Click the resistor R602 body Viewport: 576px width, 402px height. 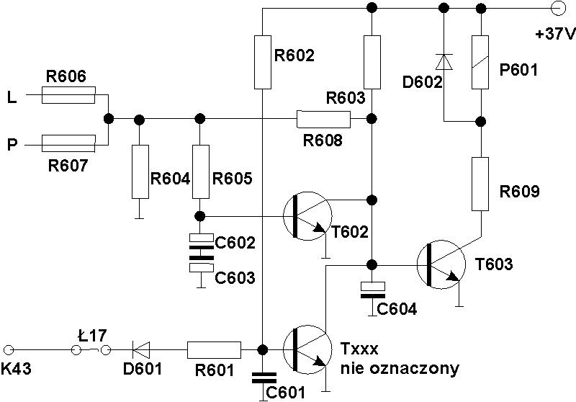point(263,62)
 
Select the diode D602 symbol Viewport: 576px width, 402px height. point(444,62)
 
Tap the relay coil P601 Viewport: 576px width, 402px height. point(480,62)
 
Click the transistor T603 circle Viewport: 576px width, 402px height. point(441,264)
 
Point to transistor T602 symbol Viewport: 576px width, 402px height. point(307,216)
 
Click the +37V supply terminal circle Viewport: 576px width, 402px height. point(559,8)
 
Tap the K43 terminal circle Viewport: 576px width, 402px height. point(8,350)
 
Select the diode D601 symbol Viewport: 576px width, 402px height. point(141,349)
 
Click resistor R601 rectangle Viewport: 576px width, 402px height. point(214,350)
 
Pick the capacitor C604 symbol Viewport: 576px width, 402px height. point(372,290)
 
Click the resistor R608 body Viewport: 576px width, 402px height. point(323,119)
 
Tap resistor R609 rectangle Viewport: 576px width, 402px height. point(480,184)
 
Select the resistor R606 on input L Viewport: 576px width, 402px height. point(68,95)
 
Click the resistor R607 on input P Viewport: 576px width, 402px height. point(68,143)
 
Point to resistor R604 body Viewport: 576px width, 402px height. point(140,171)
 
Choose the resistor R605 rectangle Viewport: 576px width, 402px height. point(201,171)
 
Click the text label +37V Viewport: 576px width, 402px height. point(555,34)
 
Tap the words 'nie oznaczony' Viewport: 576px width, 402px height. point(400,368)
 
